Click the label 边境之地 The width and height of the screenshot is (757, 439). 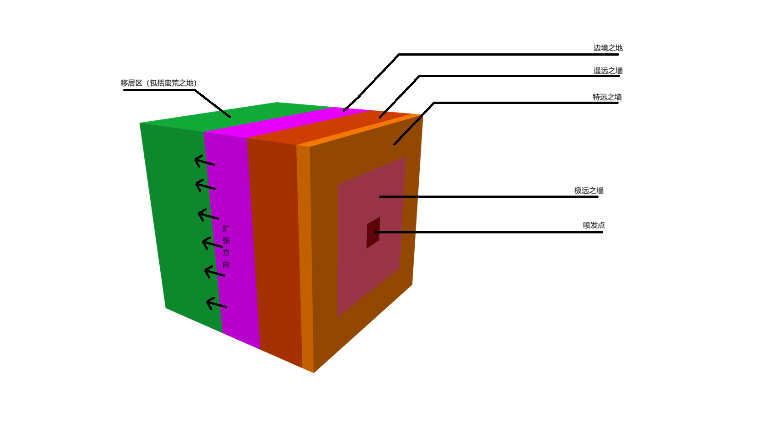click(x=608, y=48)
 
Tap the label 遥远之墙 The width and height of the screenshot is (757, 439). click(x=608, y=71)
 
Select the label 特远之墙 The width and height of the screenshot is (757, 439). click(x=607, y=97)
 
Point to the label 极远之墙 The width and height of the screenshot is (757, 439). click(x=589, y=191)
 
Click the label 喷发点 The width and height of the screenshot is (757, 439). click(x=594, y=225)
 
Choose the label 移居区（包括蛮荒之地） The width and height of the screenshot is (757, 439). click(x=158, y=83)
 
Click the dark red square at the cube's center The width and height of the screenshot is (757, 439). click(x=373, y=232)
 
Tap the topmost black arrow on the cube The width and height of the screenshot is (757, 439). click(x=204, y=161)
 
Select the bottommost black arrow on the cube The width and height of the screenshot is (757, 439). click(x=216, y=304)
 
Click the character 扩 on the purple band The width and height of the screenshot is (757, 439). click(x=226, y=228)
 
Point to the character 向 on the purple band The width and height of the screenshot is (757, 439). click(x=226, y=265)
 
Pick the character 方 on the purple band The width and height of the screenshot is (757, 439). click(x=226, y=253)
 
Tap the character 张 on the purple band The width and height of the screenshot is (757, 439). click(x=226, y=240)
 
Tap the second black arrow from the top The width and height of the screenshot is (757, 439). click(x=205, y=186)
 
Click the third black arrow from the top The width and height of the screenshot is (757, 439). click(x=208, y=215)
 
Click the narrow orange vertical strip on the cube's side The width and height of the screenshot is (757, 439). click(x=305, y=255)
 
